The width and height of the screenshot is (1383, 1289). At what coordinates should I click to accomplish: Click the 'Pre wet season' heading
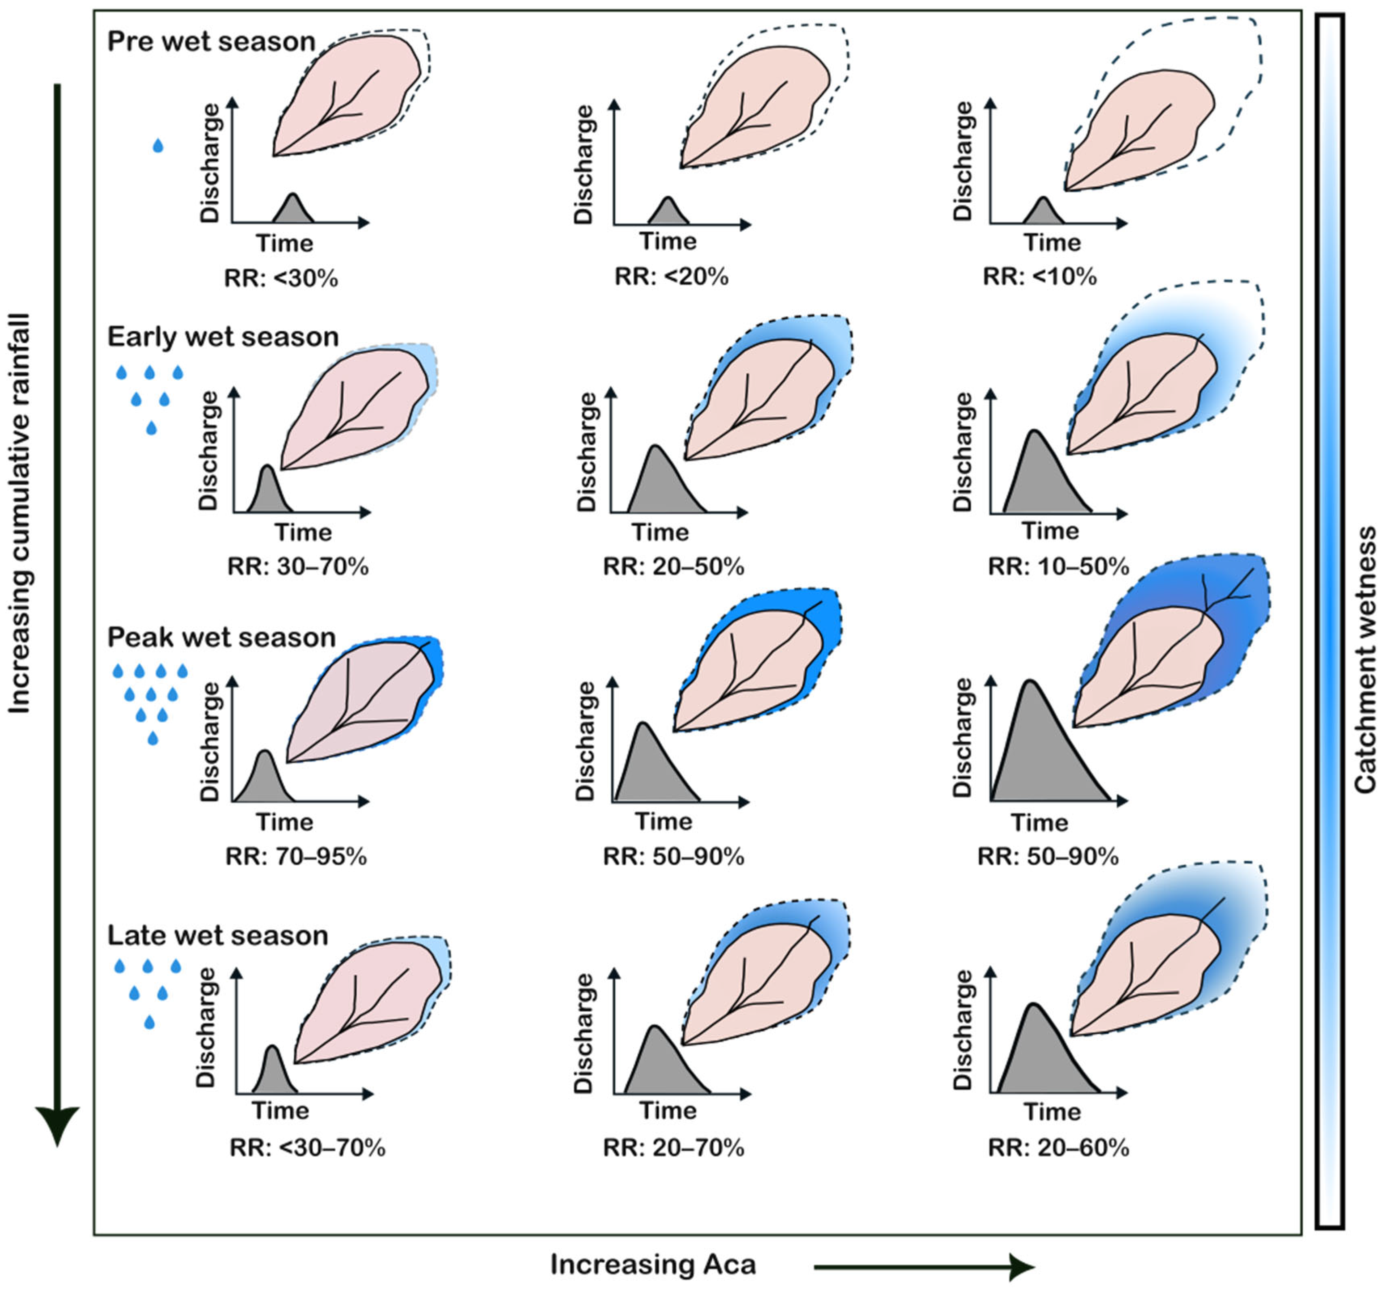click(211, 42)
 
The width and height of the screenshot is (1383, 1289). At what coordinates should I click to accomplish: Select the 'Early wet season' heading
click(223, 337)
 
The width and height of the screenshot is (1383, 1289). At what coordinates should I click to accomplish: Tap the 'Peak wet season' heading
click(221, 637)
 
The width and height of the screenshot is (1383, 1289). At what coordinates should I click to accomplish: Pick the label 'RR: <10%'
click(1039, 277)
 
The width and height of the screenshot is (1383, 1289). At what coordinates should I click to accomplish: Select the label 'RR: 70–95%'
click(296, 857)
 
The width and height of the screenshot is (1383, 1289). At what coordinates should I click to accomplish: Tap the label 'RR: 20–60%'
click(1058, 1148)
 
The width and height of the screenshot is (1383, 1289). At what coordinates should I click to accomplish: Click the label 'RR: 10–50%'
click(1058, 567)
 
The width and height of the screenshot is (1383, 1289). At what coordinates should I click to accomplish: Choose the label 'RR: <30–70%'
click(307, 1148)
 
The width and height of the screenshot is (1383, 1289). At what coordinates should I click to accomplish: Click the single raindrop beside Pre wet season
click(158, 145)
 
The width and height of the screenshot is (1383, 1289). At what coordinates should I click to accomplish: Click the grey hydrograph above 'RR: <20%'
click(668, 213)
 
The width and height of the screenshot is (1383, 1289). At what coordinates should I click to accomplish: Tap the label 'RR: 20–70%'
click(673, 1148)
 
